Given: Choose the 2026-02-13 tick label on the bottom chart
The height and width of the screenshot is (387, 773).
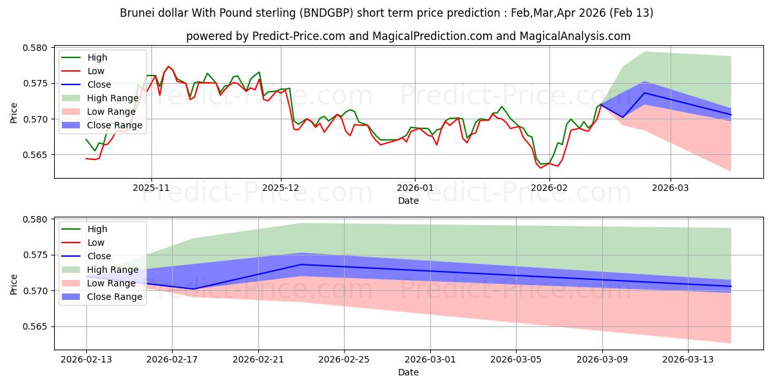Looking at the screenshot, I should [x=86, y=359].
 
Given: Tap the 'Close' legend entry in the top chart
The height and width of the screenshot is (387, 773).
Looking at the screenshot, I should [x=99, y=84].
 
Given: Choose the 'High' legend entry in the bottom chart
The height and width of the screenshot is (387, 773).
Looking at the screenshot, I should [x=97, y=229].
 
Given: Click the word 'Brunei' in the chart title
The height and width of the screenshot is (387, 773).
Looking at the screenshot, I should [x=137, y=13].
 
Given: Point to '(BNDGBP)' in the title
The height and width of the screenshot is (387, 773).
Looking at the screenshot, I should [x=351, y=13].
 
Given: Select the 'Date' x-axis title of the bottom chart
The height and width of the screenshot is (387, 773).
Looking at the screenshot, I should [x=408, y=372].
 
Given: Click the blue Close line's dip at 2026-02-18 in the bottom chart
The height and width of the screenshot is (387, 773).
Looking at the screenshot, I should [x=194, y=289].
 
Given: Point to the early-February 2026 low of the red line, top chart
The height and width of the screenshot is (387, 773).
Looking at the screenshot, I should [x=542, y=168].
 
